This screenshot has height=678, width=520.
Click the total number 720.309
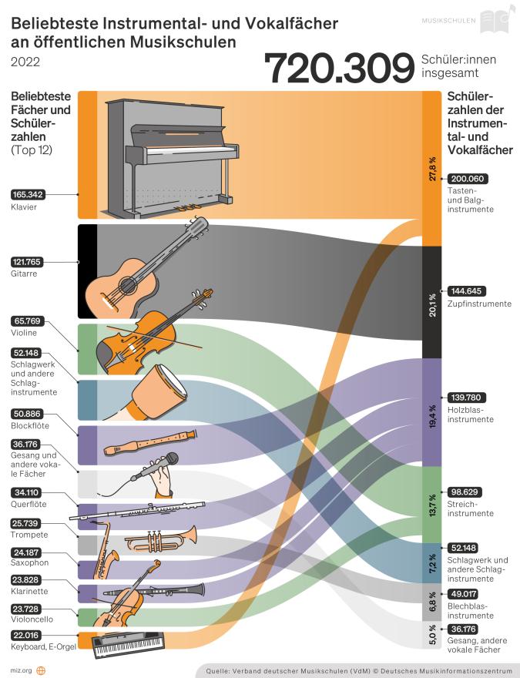click(x=339, y=69)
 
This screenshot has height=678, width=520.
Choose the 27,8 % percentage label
click(x=433, y=169)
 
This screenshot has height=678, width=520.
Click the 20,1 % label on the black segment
click(x=433, y=303)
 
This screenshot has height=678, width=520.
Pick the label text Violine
click(x=24, y=333)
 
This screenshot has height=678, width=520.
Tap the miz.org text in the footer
click(x=22, y=670)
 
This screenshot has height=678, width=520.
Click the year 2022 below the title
click(x=25, y=62)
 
